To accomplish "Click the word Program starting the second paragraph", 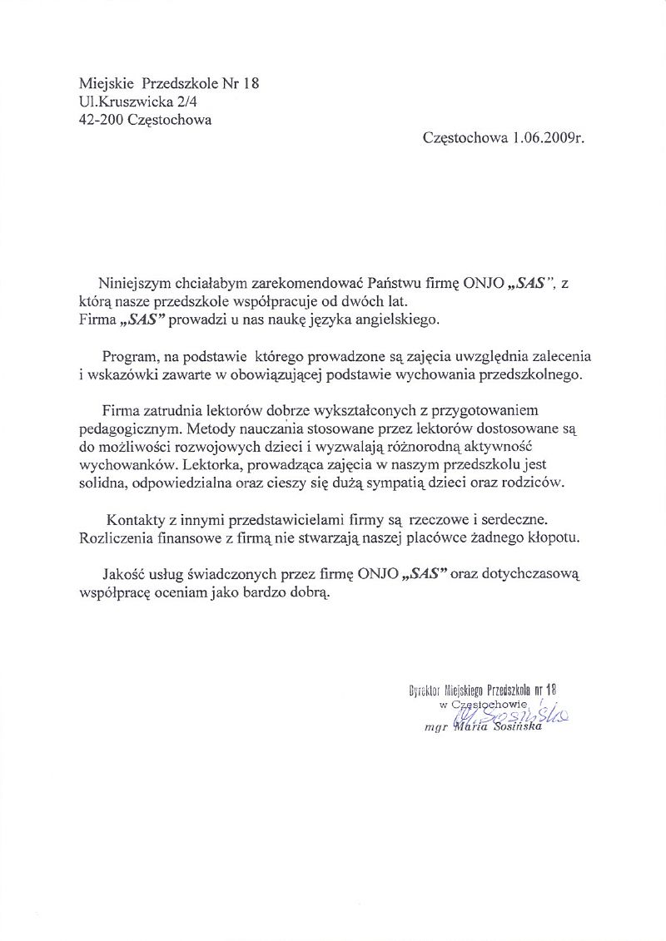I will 130,356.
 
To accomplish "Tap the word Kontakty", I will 135,520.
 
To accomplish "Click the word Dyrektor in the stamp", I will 428,690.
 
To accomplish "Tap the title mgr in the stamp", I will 435,727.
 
